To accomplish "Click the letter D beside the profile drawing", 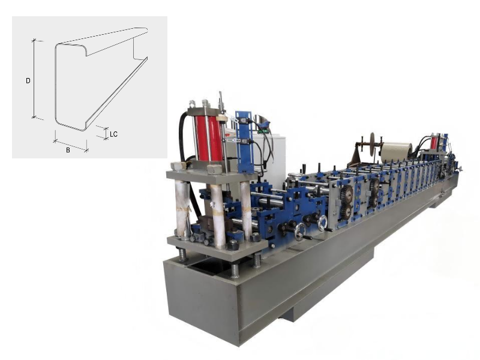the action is click(28, 81).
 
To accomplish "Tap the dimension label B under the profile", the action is click(68, 150).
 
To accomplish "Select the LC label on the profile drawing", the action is click(113, 134).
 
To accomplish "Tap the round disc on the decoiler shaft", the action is click(373, 144).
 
